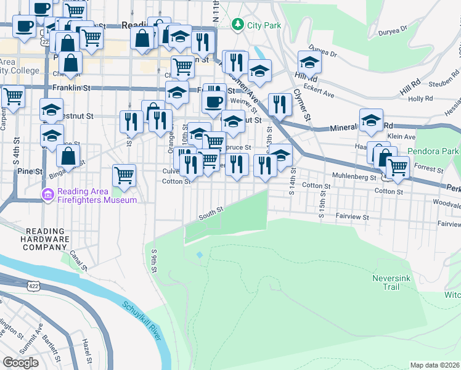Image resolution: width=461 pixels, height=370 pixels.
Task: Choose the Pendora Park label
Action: [433, 151]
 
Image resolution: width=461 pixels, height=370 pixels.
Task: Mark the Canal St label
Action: [76, 257]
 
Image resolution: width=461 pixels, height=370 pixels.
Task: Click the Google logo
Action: [20, 363]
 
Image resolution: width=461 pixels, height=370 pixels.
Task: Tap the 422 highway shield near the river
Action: [34, 286]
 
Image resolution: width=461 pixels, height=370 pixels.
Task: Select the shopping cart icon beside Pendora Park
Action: [398, 166]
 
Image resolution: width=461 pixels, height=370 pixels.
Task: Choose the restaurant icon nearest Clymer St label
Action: [280, 104]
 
